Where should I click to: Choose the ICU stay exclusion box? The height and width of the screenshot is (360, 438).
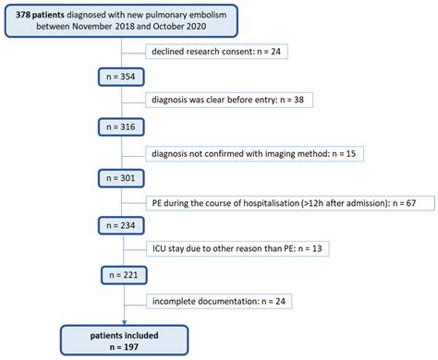[225, 250]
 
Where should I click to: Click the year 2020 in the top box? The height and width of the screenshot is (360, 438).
[210, 30]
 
